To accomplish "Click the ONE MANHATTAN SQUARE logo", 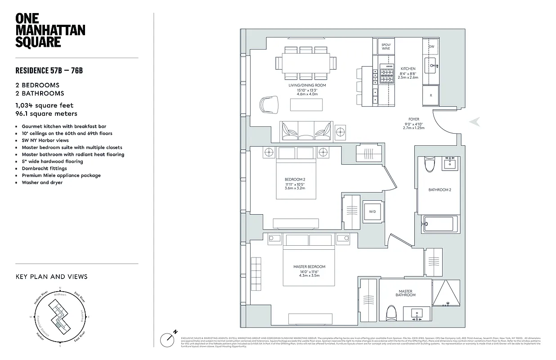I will click(50, 31).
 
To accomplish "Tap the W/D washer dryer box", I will click(372, 211).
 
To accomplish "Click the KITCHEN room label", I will click(408, 69).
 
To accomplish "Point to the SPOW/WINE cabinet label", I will click(386, 47).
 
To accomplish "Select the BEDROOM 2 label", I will click(295, 180).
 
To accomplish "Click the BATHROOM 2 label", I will click(439, 190).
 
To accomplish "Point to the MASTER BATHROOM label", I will click(405, 293).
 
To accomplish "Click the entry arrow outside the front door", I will click(474, 121).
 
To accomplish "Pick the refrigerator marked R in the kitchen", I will click(430, 95).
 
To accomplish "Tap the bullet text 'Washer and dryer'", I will click(42, 183).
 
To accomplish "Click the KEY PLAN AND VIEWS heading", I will click(51, 277).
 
